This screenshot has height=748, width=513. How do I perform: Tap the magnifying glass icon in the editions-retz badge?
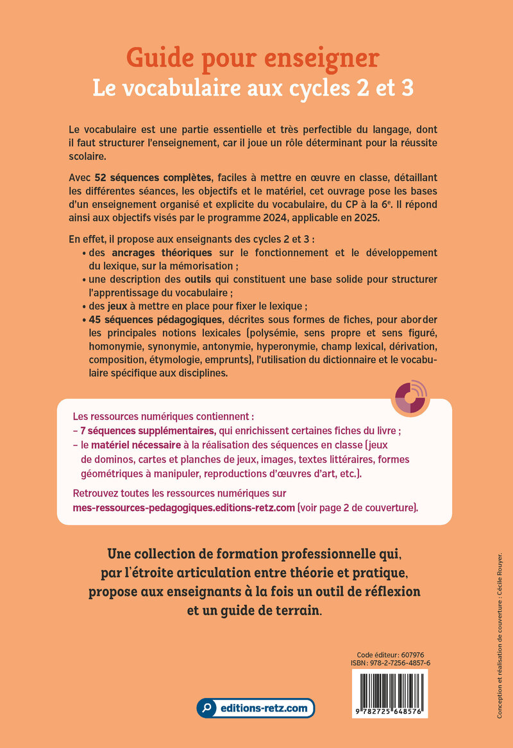point(207,709)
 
